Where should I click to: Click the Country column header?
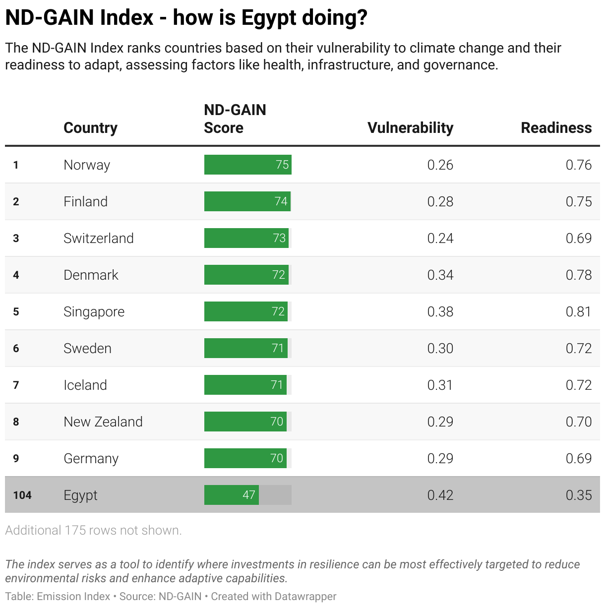point(90,128)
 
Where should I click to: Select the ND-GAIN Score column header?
point(235,119)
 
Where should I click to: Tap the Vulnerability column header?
point(410,128)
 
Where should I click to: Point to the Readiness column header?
point(556,128)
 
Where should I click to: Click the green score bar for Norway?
point(247,165)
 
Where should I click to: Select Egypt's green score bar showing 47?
point(232,495)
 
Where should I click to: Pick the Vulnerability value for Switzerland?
point(440,238)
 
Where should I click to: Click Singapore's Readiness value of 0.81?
point(578,311)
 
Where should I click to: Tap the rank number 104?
point(22,495)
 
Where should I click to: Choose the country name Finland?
point(85,201)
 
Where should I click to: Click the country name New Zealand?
point(103,422)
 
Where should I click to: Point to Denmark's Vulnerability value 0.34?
point(440,275)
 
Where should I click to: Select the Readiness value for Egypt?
point(578,495)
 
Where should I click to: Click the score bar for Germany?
point(245,458)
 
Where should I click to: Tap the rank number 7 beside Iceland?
point(16,385)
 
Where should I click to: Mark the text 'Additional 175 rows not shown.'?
point(93,530)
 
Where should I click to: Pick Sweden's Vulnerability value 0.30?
point(440,348)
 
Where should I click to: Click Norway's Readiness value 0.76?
point(578,165)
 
